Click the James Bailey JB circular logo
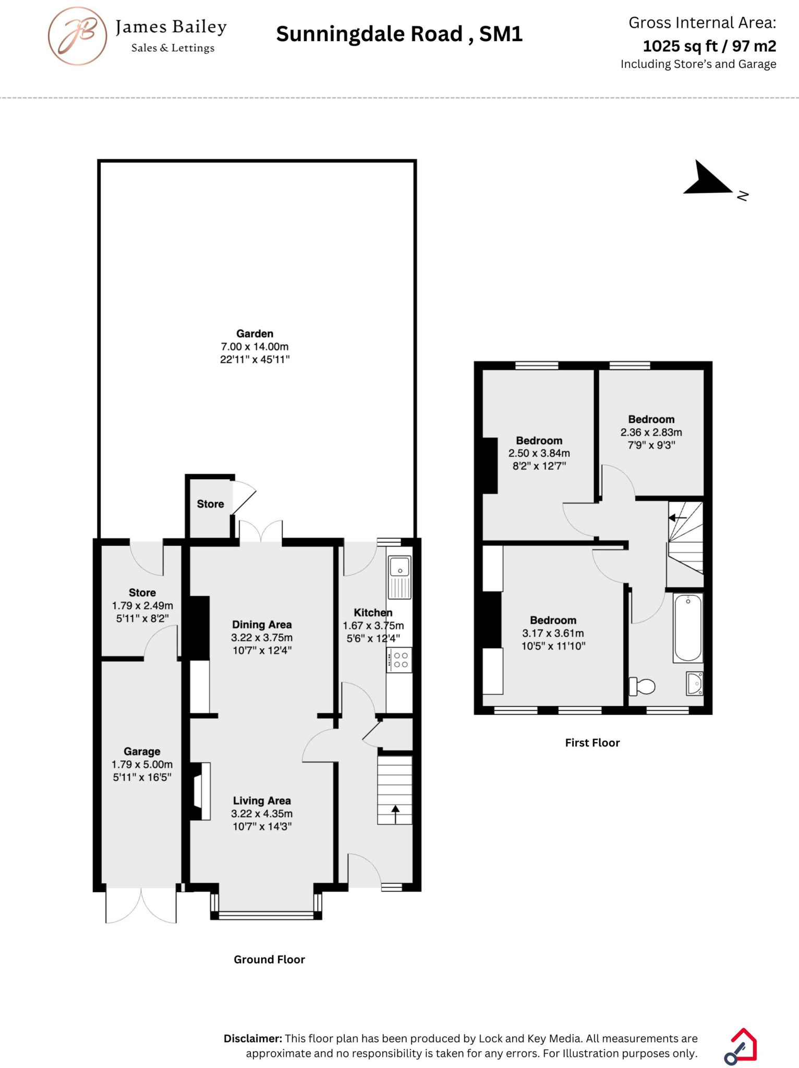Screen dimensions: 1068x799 tap(78, 36)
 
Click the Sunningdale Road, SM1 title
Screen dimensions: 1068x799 tap(399, 34)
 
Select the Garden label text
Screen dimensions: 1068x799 tap(255, 334)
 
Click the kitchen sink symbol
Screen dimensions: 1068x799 tap(400, 567)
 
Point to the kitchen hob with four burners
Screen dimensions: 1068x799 tap(400, 660)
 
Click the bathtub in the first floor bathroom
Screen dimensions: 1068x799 tap(688, 628)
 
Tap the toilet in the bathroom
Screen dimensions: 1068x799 tap(643, 686)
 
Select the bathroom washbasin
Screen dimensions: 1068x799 tap(695, 683)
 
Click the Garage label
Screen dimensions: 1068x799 tap(142, 751)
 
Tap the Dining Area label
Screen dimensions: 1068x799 tap(262, 625)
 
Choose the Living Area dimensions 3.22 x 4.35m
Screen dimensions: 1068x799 tap(262, 814)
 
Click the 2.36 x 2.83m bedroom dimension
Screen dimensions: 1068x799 tap(651, 432)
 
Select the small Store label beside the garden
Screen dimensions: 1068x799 tap(210, 504)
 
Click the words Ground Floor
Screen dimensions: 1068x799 tap(269, 960)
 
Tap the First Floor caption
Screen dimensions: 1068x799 tap(592, 743)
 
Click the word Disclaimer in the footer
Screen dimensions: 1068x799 tap(253, 1038)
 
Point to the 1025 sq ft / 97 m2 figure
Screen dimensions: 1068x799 tap(709, 46)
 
